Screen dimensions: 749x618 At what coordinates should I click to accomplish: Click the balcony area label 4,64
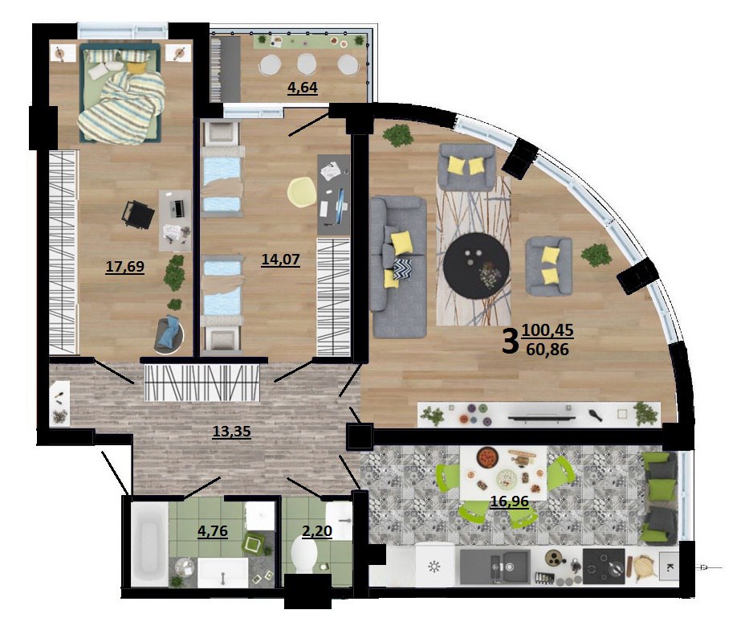pos(303,88)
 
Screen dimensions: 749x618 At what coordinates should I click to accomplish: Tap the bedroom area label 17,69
pos(124,267)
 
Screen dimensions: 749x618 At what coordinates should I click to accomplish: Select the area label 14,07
pos(280,260)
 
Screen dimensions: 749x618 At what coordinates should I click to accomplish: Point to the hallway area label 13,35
pos(232,431)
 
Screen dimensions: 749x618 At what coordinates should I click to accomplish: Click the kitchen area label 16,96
pos(510,501)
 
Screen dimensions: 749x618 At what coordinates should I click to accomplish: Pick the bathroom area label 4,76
pos(213,531)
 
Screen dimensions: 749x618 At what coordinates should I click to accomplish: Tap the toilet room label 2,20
pos(317,530)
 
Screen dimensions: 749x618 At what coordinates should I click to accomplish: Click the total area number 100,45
pos(548,330)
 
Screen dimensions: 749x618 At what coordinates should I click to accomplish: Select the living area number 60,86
pos(548,350)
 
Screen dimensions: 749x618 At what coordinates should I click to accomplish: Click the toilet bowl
pos(303,554)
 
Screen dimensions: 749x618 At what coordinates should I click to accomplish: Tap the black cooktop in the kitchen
pos(604,567)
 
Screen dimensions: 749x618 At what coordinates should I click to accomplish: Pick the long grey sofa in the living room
pos(398,267)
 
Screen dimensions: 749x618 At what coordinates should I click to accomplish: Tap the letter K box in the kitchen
pos(670,567)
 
